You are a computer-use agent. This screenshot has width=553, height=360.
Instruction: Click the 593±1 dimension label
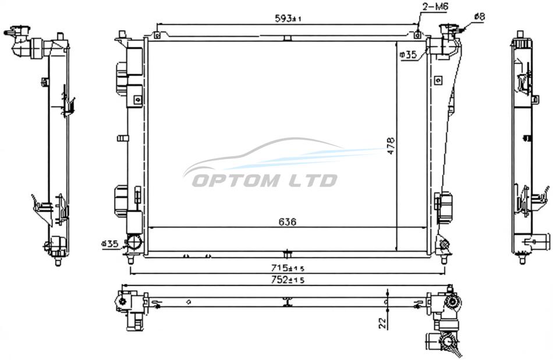288,19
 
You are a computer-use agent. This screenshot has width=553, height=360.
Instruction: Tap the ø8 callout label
480,16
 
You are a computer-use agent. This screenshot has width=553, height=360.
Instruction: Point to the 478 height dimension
391,146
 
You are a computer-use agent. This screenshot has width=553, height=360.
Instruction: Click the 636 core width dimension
288,222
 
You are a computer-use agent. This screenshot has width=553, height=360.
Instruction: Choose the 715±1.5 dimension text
288,268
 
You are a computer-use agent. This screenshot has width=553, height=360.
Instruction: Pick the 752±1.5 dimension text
288,280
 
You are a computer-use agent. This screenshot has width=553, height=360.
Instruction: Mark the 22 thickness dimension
382,322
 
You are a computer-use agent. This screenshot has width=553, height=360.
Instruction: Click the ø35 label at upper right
408,54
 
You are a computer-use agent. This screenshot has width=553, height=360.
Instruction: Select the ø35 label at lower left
109,243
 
